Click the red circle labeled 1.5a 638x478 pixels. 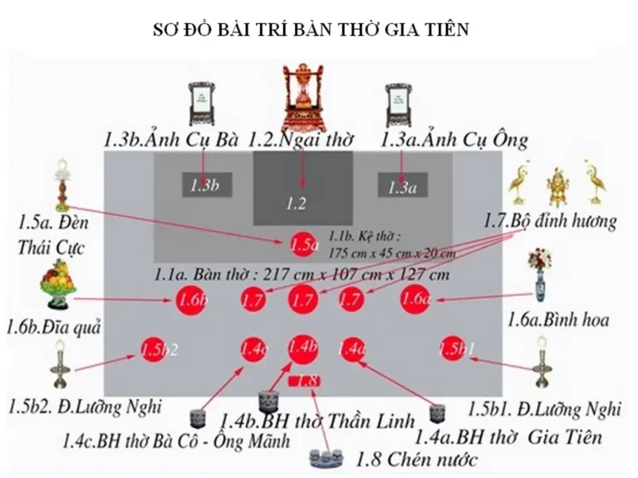304,244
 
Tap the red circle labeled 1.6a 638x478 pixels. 415,298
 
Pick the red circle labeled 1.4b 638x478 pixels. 304,347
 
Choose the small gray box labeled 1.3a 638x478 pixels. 402,186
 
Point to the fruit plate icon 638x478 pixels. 59,282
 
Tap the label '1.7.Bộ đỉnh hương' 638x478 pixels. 551,221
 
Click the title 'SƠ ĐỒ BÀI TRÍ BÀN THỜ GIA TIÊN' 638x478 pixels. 312,31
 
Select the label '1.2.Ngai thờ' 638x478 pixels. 304,139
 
